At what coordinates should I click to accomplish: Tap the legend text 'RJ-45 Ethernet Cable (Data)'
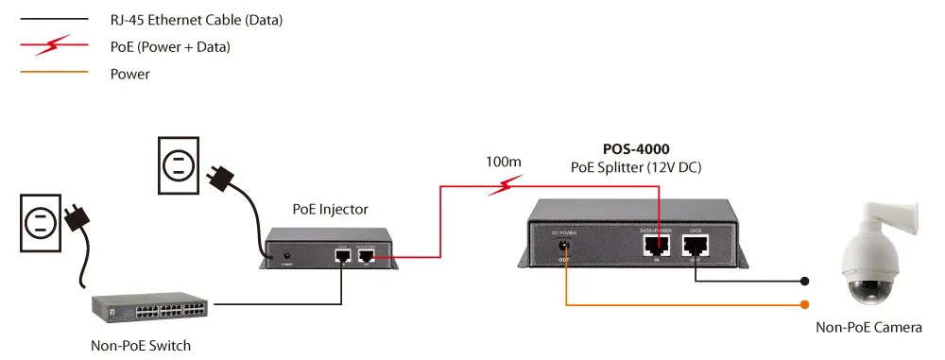coord(197,19)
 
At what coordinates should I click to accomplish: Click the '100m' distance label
coord(503,162)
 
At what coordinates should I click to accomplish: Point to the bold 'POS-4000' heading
coord(637,149)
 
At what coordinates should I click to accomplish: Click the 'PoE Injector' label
coord(330,209)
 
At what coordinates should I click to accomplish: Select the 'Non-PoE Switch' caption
coord(141,345)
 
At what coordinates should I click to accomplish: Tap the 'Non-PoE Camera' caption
coord(868,327)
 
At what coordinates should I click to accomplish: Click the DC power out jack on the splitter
coord(564,248)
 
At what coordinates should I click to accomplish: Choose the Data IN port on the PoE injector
coord(341,255)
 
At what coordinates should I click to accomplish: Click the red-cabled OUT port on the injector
coord(365,255)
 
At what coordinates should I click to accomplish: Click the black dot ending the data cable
coord(804,281)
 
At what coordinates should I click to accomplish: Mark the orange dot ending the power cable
coord(804,304)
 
